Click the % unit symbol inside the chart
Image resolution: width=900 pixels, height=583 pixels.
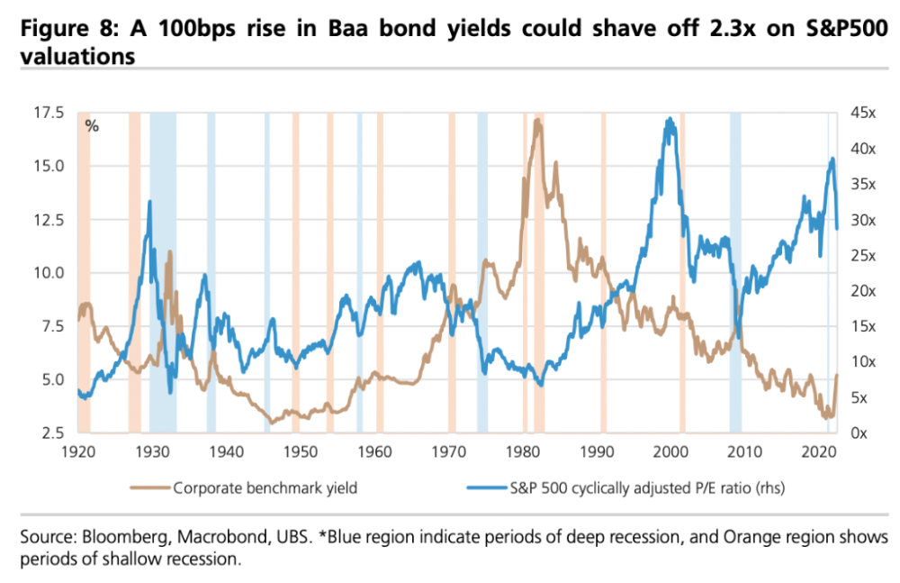click(x=92, y=125)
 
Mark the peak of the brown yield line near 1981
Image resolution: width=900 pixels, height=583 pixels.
click(x=537, y=120)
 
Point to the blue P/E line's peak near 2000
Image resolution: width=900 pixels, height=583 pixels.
click(x=669, y=118)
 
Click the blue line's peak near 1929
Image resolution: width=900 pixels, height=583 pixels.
click(x=148, y=201)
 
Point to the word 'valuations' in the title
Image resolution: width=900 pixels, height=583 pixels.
click(x=77, y=57)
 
